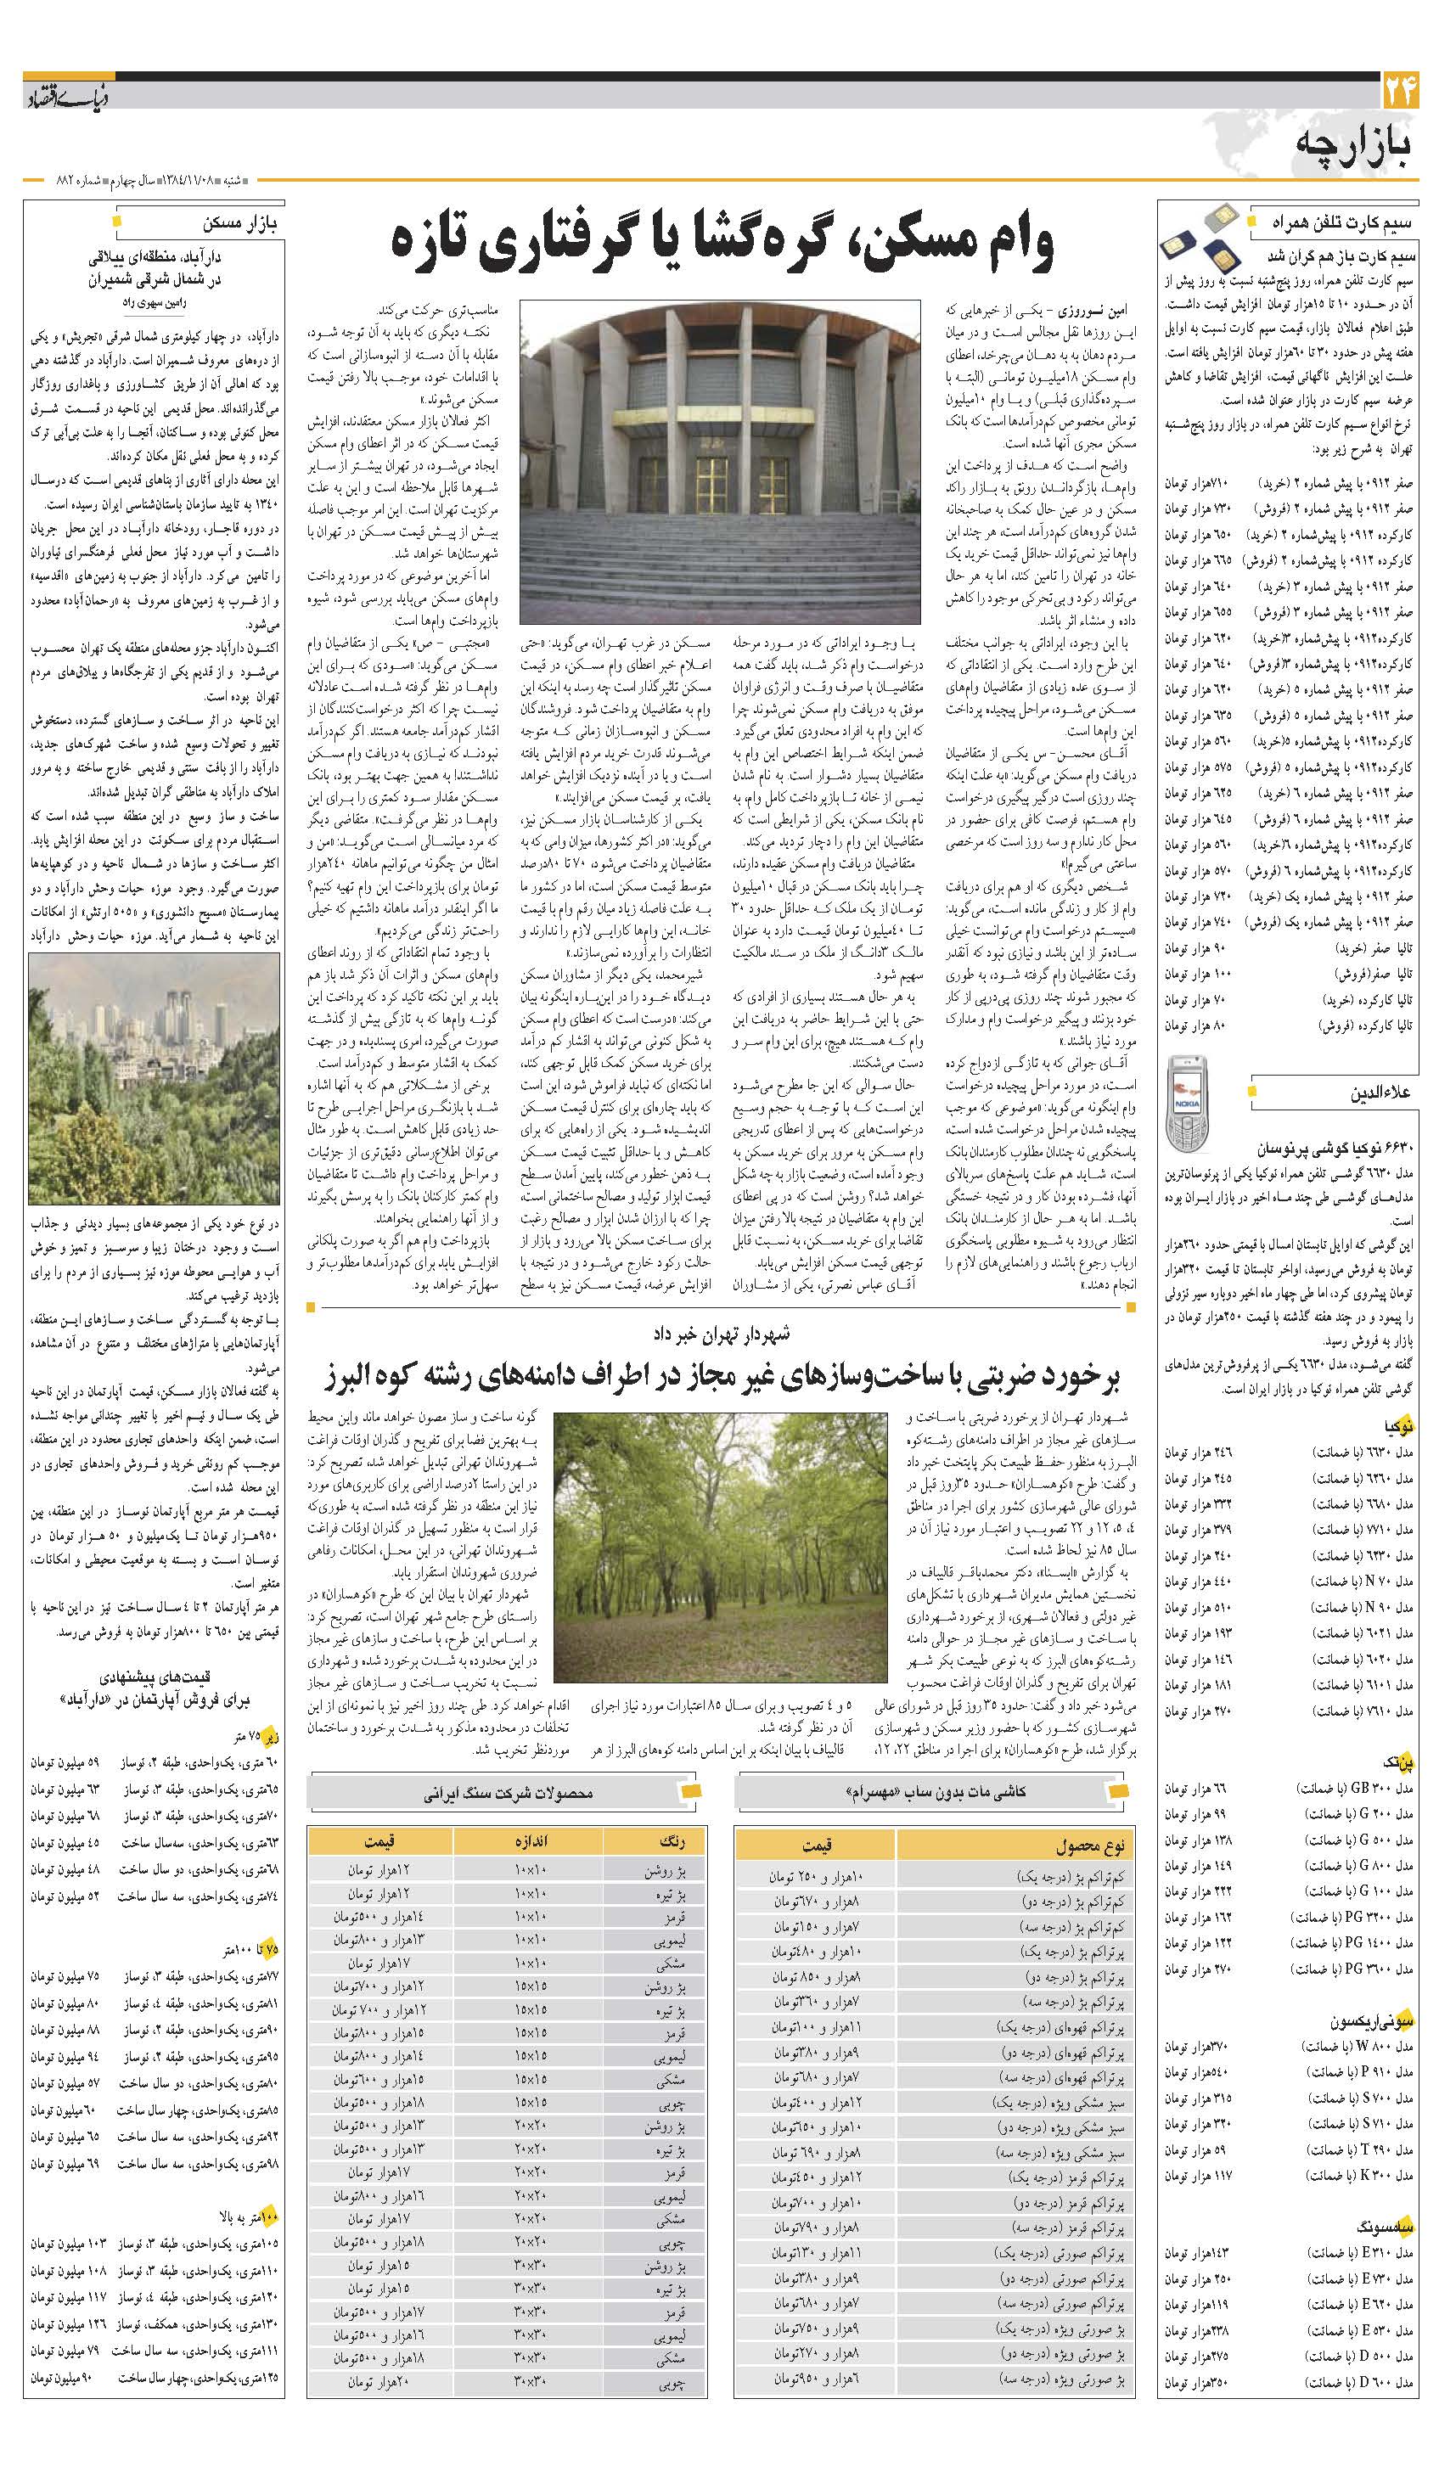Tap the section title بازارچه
(x=1357, y=144)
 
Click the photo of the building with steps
(x=719, y=462)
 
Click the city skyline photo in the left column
(x=154, y=1078)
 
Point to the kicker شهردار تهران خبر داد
(x=720, y=1335)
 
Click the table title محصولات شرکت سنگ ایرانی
(x=506, y=1791)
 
